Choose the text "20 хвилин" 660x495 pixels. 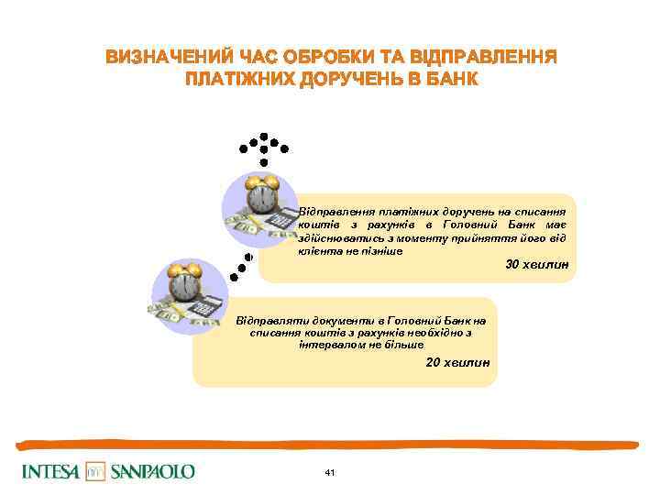[x=458, y=363]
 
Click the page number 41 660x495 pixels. [x=330, y=472]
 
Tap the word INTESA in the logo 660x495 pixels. [x=50, y=471]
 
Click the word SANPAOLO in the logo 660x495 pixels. [x=153, y=471]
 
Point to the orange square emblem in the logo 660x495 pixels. [x=96, y=471]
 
